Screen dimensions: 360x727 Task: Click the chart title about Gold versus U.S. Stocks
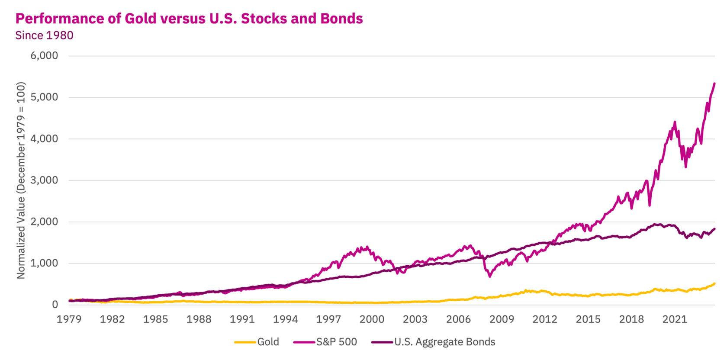point(189,19)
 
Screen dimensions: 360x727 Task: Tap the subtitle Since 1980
point(44,35)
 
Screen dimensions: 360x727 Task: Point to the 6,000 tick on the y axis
point(44,56)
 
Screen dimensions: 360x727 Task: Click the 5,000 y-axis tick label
point(44,97)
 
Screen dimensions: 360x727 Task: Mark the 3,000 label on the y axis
point(44,180)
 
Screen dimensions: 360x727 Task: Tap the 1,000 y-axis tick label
point(44,263)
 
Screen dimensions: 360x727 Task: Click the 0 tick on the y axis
point(55,305)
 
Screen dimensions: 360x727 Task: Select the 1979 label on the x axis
point(69,319)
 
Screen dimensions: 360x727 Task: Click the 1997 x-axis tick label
point(329,319)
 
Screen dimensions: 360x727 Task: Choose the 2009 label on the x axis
point(502,319)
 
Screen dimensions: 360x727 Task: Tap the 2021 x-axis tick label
point(675,319)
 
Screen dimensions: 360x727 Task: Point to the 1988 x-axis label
point(199,319)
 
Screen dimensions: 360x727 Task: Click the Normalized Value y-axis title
point(21,180)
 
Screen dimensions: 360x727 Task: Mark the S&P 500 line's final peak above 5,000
point(714,84)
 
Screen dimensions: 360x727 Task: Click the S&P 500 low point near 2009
point(490,276)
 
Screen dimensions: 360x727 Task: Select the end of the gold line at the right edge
point(714,284)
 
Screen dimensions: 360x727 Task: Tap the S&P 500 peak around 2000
point(367,247)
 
